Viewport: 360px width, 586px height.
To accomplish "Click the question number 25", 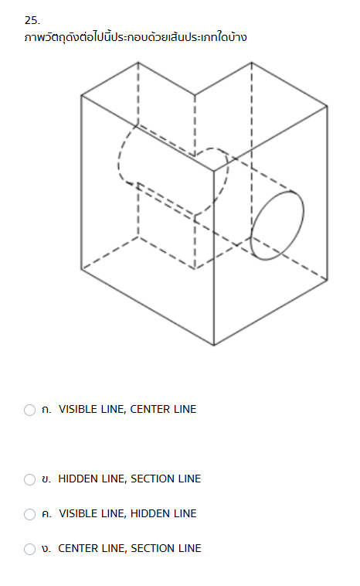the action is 32,20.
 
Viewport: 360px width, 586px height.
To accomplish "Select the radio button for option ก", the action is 29,410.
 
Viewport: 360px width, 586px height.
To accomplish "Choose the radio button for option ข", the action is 29,479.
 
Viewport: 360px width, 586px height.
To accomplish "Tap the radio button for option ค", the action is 29,514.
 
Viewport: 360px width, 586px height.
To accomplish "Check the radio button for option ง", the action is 29,549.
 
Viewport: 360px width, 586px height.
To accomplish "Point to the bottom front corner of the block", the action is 214,346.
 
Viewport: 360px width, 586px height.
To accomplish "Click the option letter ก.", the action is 46,410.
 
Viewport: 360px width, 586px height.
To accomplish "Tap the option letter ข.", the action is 46,479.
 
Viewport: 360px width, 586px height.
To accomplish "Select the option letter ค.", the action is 46,514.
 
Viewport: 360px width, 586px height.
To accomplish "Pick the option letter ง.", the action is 46,549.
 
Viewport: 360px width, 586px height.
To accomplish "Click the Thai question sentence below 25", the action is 135,37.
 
